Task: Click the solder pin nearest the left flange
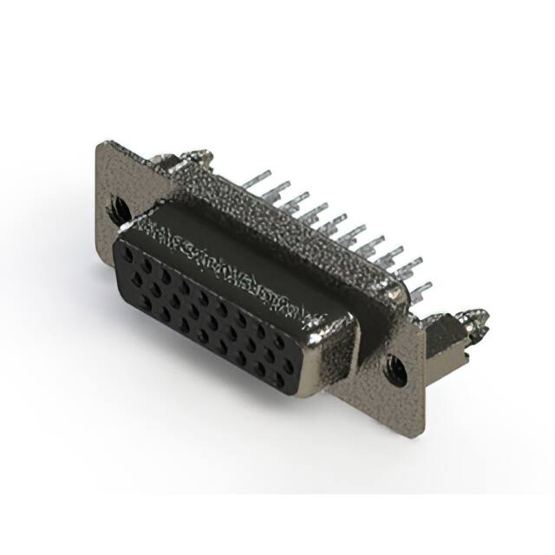[251, 180]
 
